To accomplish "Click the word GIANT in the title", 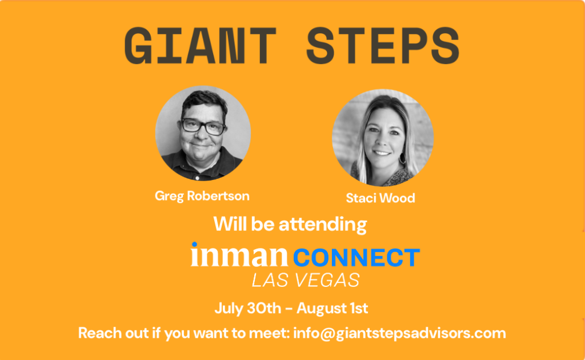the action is (201, 46).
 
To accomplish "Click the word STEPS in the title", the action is (383, 46).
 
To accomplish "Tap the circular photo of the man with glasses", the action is (203, 133).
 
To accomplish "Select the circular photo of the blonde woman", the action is (383, 137).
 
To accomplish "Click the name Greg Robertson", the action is (202, 196).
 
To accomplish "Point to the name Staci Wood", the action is (380, 198).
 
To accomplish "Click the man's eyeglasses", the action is (203, 126).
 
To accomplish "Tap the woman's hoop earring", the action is (402, 158).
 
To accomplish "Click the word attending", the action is (323, 225).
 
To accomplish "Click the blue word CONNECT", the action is (356, 258).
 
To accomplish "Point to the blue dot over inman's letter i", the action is (194, 245).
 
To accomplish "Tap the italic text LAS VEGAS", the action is (306, 280).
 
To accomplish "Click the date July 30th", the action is (248, 309).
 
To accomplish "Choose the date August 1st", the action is (332, 309).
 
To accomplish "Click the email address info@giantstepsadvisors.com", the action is (399, 333).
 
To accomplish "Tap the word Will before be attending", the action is (230, 224).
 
